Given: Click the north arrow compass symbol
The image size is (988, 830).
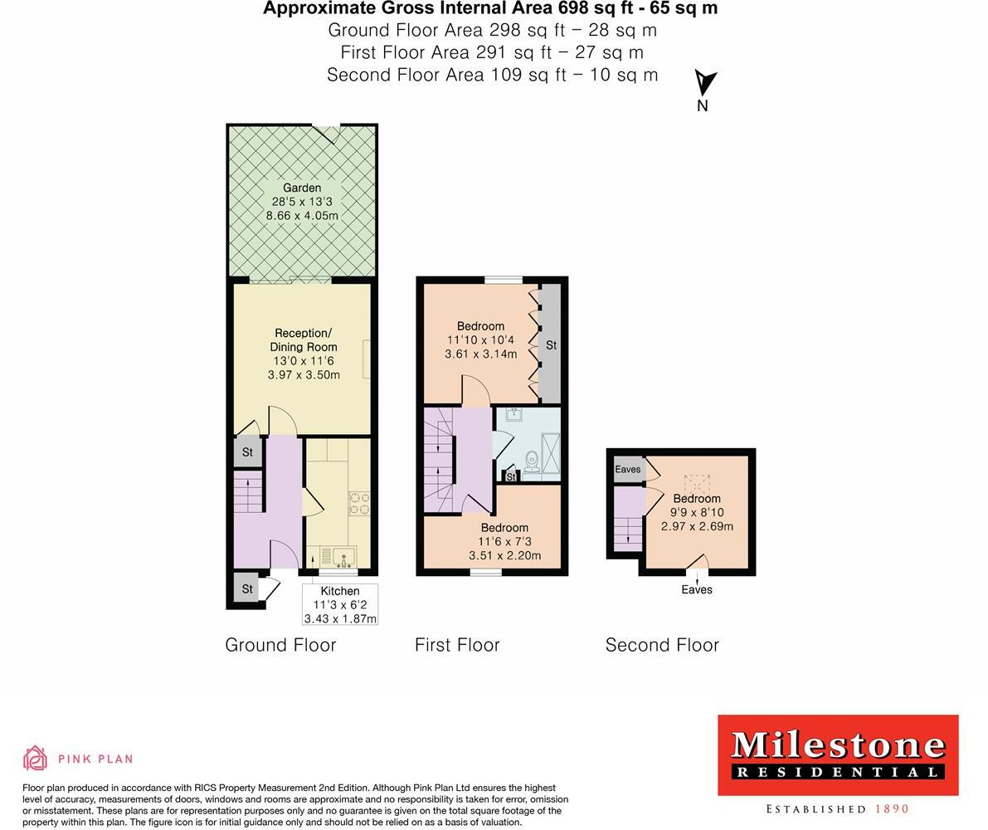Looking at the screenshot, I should (x=704, y=84).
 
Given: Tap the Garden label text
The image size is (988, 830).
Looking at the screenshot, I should (x=302, y=188).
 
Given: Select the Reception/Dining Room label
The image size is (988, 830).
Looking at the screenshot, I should (x=303, y=340).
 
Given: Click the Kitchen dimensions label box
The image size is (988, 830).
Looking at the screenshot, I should (x=340, y=604).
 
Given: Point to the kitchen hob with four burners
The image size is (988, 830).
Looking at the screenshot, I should (x=359, y=503).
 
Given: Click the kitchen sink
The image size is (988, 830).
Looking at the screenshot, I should (x=343, y=555).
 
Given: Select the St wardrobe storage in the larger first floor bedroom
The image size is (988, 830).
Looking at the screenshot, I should (x=550, y=344).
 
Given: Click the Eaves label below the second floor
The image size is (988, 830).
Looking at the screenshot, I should (x=697, y=589).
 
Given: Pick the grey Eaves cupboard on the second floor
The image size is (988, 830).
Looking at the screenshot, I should (x=628, y=469).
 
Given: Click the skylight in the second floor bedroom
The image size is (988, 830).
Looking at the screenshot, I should (x=697, y=482).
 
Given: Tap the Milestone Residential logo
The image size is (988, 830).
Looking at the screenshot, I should (x=838, y=754).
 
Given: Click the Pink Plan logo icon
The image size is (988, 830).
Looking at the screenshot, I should (x=36, y=758).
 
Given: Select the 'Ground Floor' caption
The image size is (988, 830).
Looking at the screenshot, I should (x=280, y=645).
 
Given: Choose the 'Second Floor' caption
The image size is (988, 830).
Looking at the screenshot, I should (x=662, y=645).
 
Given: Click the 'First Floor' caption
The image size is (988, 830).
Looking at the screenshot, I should (x=457, y=645).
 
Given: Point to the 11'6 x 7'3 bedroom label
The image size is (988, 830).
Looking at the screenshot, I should (x=504, y=541).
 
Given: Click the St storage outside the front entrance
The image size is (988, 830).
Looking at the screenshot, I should (x=247, y=588).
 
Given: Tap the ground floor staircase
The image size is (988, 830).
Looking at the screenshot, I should (x=248, y=491).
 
